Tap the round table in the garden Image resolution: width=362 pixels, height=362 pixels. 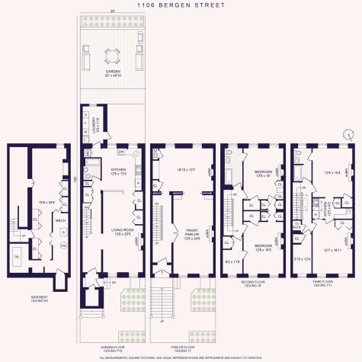(112, 55)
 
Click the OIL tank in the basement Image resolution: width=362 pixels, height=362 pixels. (18, 256)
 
